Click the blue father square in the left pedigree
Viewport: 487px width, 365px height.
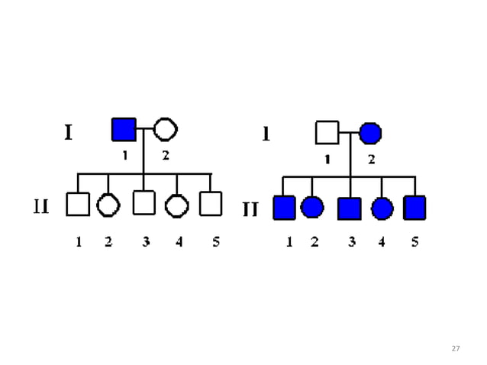124,130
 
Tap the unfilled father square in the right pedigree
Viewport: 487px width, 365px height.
327,133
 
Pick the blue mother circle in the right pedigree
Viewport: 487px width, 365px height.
370,133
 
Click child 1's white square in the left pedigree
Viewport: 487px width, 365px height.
77,204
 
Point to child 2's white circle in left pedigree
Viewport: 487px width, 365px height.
108,205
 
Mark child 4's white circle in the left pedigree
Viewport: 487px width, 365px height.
177,205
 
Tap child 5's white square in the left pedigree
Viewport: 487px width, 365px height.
210,204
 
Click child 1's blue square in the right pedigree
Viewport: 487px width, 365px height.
284,207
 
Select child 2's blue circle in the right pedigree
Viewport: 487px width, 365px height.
312,207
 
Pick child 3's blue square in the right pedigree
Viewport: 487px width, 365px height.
350,208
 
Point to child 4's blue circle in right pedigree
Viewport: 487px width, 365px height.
382,208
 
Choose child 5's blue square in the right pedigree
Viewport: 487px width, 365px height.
414,207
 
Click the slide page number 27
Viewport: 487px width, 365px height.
456,348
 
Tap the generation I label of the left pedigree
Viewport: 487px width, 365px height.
68,134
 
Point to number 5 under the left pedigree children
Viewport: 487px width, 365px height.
216,243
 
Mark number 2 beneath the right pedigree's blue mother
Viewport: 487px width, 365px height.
371,160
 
